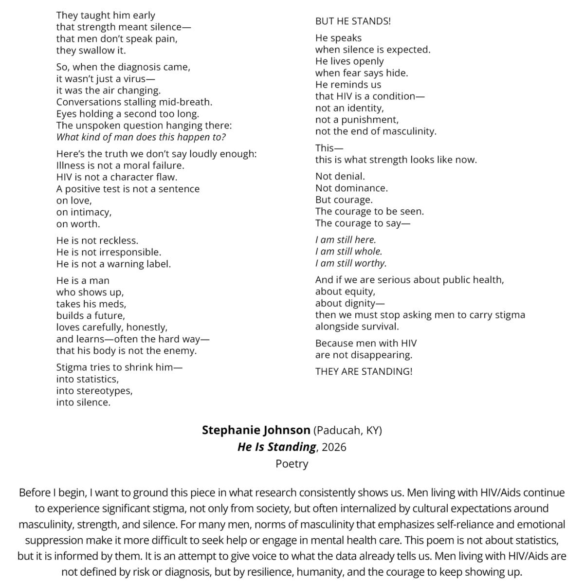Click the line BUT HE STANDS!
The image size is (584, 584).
click(x=353, y=21)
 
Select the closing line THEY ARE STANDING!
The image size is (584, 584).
click(x=364, y=371)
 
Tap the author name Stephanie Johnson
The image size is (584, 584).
click(x=256, y=430)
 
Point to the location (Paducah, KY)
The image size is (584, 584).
click(x=348, y=430)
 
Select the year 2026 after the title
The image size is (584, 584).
click(x=334, y=447)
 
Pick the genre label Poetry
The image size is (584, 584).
click(x=292, y=463)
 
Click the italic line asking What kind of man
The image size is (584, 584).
click(x=141, y=137)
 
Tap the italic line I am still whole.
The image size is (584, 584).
click(x=348, y=252)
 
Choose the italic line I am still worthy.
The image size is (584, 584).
click(x=351, y=263)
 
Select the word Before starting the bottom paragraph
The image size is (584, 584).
click(x=35, y=493)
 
